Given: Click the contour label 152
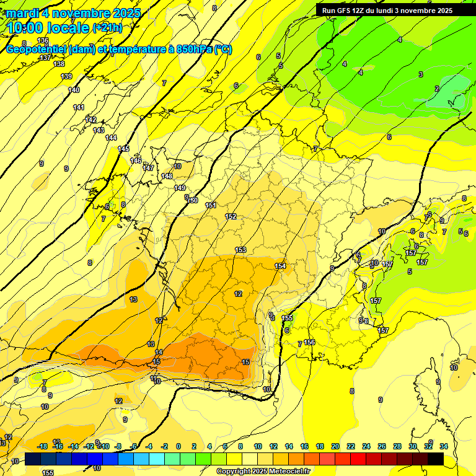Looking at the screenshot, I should click(231, 216).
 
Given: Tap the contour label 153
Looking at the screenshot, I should click(240, 250).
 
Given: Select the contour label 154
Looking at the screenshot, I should click(280, 266).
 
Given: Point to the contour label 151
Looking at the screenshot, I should click(211, 205).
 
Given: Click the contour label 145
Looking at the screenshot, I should click(123, 149).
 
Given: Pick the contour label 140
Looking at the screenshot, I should click(74, 90).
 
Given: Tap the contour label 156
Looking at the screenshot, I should click(309, 342).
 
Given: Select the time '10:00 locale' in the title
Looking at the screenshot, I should click(48, 27).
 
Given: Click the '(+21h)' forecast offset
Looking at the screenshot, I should click(108, 27).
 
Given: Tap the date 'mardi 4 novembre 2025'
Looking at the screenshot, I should click(74, 12).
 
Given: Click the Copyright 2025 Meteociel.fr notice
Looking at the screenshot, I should click(263, 471).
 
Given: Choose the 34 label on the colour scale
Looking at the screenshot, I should click(444, 446).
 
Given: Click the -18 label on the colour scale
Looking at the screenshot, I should click(42, 446).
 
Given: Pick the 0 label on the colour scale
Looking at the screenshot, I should click(178, 446).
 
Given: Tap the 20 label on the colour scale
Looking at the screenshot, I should click(335, 446).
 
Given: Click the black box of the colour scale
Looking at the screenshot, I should click(435, 459).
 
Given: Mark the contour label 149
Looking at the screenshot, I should click(180, 188).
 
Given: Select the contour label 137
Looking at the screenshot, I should click(45, 58).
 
